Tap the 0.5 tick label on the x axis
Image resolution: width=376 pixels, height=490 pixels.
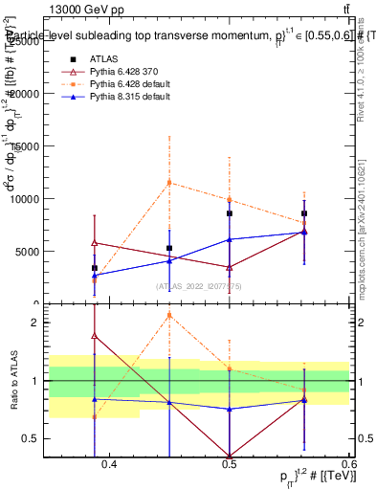(x=229, y=465)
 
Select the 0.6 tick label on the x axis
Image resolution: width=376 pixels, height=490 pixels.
(x=347, y=465)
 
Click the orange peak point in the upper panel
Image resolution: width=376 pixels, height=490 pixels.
(x=169, y=182)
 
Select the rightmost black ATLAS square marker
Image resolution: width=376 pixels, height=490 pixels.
(x=304, y=213)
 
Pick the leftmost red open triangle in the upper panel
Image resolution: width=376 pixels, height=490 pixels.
(x=95, y=243)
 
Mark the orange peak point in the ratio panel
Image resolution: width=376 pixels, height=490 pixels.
(x=169, y=315)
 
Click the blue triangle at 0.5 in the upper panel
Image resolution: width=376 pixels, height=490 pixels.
(x=230, y=239)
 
